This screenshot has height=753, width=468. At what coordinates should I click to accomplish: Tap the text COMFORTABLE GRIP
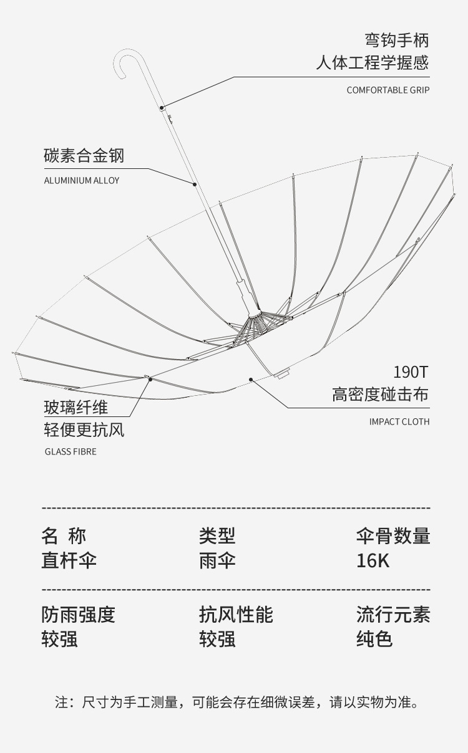coord(388,90)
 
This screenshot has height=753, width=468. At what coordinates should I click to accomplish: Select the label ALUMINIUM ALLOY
coord(81,181)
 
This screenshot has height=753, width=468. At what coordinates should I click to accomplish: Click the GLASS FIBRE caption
coord(71,451)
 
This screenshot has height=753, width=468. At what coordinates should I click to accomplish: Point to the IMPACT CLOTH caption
coord(399,422)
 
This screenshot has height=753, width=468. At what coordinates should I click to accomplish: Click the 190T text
coord(411,372)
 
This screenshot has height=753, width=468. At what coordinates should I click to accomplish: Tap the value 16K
coord(373,560)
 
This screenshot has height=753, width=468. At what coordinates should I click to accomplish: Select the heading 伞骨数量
coord(393,535)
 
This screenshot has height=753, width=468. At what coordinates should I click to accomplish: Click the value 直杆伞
coord(69,560)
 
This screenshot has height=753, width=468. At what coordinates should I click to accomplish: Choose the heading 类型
coord(217,535)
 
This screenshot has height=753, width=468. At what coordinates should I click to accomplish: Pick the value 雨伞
coord(217,560)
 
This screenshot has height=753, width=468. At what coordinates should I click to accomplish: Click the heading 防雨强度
coord(79,615)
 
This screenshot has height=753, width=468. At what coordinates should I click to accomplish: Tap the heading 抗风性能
coord(236,615)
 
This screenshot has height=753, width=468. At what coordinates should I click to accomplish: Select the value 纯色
coord(374,640)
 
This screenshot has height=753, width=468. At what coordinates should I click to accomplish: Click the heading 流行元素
coord(393,615)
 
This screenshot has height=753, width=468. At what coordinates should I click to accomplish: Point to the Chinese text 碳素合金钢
coord(84,155)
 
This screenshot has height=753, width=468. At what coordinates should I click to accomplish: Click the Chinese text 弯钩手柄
coord(397,41)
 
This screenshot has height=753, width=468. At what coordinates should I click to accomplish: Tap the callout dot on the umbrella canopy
coord(250,378)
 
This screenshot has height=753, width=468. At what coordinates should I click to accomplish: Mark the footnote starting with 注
coord(236,703)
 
